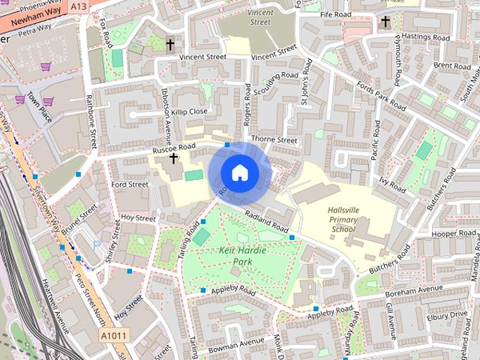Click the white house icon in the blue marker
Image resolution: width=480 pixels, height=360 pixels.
(239, 172)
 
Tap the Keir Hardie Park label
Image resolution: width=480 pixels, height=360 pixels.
(231, 256)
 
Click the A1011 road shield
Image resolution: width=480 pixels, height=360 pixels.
(113, 335)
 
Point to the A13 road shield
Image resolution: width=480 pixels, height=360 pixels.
(78, 6)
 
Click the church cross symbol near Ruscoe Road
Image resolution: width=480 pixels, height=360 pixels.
(174, 158)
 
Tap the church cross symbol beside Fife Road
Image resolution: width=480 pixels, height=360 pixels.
(385, 22)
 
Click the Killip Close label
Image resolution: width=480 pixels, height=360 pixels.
(189, 111)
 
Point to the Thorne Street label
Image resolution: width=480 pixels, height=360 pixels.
(274, 139)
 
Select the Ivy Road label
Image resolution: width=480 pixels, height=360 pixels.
(392, 181)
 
